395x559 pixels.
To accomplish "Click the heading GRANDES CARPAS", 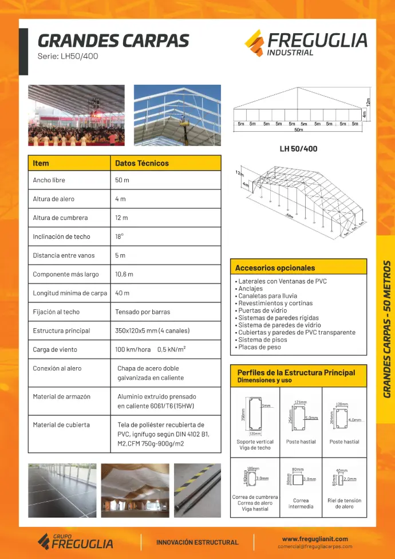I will tap(113, 41).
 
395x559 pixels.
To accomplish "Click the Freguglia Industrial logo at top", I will tap(306, 43).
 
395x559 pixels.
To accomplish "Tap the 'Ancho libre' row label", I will tap(49, 180).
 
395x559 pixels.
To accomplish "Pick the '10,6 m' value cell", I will tap(124, 274).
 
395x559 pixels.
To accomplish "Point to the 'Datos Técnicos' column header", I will tap(142, 163).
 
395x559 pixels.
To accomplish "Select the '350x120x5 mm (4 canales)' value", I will tap(152, 331).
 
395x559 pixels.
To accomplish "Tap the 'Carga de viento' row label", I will tap(55, 349).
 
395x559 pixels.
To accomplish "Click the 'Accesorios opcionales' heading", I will tap(275, 267).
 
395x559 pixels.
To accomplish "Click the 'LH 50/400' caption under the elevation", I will tap(298, 149).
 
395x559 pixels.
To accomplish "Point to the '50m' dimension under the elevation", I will tap(298, 130).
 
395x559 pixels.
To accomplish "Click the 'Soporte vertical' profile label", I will tap(255, 442).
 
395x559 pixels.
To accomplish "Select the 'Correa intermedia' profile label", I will tap(301, 503).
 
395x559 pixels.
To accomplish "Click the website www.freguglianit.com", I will tap(315, 539).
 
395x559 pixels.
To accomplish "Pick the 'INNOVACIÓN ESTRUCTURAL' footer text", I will tap(197, 542).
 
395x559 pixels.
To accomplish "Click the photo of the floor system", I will tap(61, 490).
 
